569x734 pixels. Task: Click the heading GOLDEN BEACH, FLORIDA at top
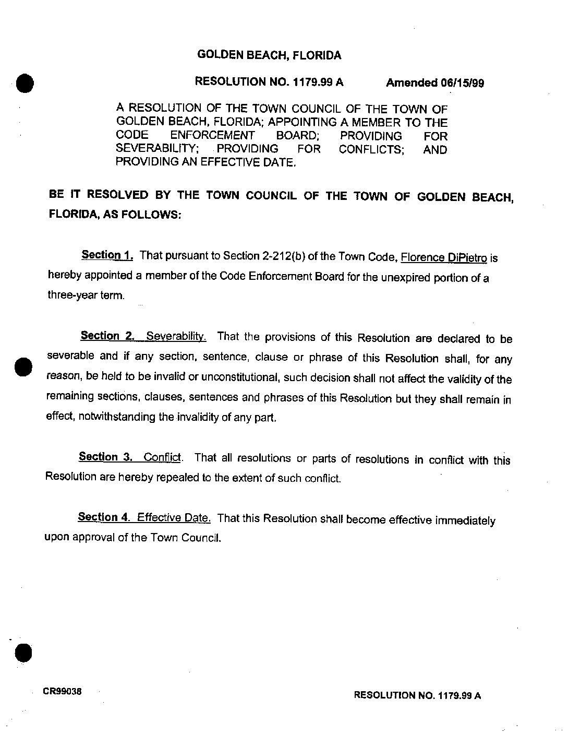tap(269, 55)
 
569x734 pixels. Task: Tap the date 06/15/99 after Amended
tap(462, 83)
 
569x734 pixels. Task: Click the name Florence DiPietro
tap(444, 257)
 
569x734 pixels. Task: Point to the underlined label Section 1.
tap(107, 255)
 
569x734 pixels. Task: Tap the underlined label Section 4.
tap(104, 517)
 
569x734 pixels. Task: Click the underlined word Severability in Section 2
tap(176, 336)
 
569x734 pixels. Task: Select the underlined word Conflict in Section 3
tap(162, 458)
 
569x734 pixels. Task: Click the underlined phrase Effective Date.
tap(174, 518)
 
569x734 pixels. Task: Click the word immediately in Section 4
tap(465, 520)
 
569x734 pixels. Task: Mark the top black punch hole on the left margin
tap(24, 83)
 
